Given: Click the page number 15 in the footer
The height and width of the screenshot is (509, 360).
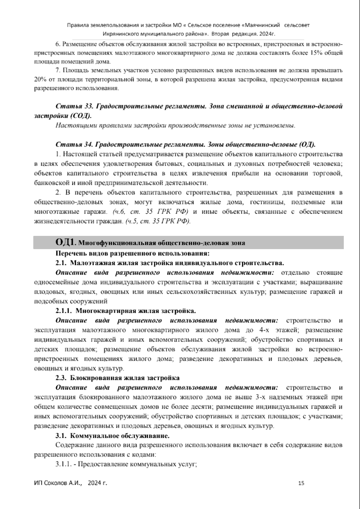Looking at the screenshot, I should point(301,483).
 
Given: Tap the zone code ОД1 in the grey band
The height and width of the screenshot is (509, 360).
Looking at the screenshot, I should point(64,242).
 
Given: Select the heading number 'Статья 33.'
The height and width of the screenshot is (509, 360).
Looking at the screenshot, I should point(70,107).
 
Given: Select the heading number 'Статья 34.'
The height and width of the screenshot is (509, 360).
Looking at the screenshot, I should point(71,145).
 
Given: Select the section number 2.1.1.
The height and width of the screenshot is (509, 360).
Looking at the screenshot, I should point(63,311).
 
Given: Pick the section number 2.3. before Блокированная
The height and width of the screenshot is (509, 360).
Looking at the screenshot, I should point(62,378).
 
